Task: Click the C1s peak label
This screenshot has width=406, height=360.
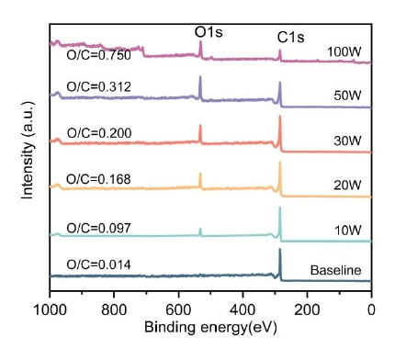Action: pos(292,37)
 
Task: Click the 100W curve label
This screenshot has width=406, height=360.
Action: pos(343,51)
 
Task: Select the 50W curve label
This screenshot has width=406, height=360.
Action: pos(345,95)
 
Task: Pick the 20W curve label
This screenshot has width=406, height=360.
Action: pos(345,184)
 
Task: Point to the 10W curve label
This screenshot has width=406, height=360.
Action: pos(345,229)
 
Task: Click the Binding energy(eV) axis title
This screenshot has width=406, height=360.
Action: pos(209,328)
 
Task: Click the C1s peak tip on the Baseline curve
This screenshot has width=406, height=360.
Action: pos(280,250)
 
